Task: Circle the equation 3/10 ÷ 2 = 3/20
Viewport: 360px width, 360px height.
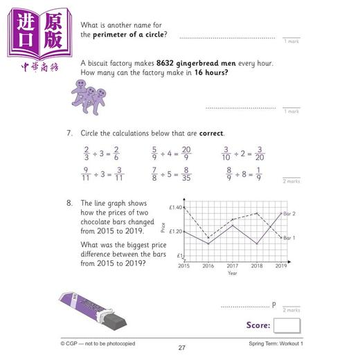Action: (239, 153)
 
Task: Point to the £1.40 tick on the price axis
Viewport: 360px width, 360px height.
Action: (174, 208)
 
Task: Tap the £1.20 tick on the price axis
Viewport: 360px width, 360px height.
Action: (174, 232)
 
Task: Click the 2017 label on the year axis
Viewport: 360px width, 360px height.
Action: (233, 266)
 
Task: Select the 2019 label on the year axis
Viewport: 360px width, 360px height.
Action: (281, 266)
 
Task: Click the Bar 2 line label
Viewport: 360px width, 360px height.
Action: (291, 214)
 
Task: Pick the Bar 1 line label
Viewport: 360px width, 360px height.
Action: (291, 238)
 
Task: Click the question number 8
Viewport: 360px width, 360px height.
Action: (69, 204)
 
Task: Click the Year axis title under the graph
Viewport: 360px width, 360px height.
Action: (233, 273)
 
